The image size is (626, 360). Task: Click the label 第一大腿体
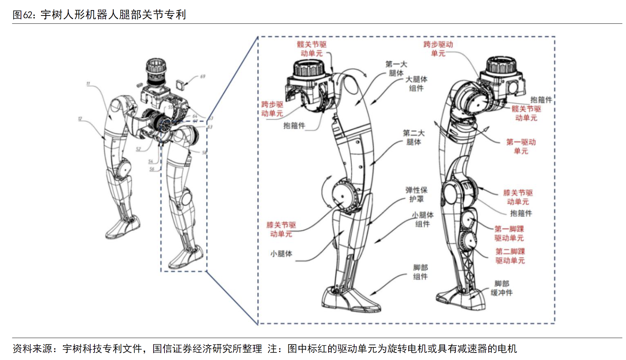point(396,69)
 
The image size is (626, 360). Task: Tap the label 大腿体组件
point(416,84)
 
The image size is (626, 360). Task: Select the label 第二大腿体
point(414,137)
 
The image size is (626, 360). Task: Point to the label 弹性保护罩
point(416,194)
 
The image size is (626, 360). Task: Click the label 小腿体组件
point(423,219)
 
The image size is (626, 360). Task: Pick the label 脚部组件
point(420,272)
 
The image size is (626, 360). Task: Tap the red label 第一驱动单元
point(521,146)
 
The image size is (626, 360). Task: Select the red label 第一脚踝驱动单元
point(509,233)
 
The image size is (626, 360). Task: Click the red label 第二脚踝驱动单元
point(510,256)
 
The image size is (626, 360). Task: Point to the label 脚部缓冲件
point(502,288)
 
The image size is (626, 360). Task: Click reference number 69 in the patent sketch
point(203,76)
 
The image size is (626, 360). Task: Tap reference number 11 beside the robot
point(88,84)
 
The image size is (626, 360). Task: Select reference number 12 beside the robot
point(80,119)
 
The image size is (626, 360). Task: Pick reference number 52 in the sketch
point(138,149)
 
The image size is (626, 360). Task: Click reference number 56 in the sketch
point(152,169)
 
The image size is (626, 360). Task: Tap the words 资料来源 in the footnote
point(32,348)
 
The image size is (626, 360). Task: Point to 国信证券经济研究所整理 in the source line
point(207,348)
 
